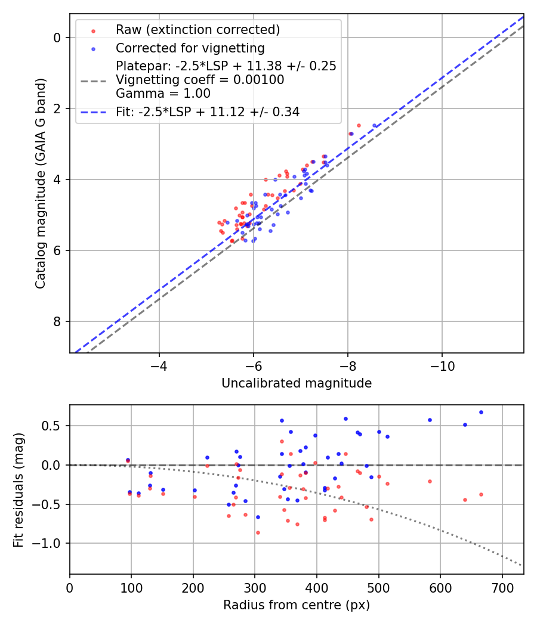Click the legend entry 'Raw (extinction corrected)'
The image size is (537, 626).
point(197,30)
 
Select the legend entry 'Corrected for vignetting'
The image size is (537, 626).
point(190,48)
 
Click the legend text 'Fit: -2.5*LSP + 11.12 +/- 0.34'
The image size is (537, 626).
point(207,111)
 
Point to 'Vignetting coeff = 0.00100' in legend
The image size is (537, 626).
point(200,80)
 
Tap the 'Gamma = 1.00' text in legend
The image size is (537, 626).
point(163,93)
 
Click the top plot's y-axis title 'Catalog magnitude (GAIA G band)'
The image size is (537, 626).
point(40,183)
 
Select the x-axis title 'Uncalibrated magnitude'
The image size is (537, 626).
point(297,383)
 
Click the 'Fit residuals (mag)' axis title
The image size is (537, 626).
point(18,489)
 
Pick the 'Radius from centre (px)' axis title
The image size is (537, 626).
point(297,605)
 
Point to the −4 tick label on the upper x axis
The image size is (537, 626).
point(159,365)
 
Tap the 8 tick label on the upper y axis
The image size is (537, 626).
point(57,322)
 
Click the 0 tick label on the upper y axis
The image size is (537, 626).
point(57,38)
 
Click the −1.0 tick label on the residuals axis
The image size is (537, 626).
point(50,544)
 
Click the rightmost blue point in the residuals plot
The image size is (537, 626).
point(481,412)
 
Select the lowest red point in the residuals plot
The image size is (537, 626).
point(258,532)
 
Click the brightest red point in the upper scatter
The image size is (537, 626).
point(359,125)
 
